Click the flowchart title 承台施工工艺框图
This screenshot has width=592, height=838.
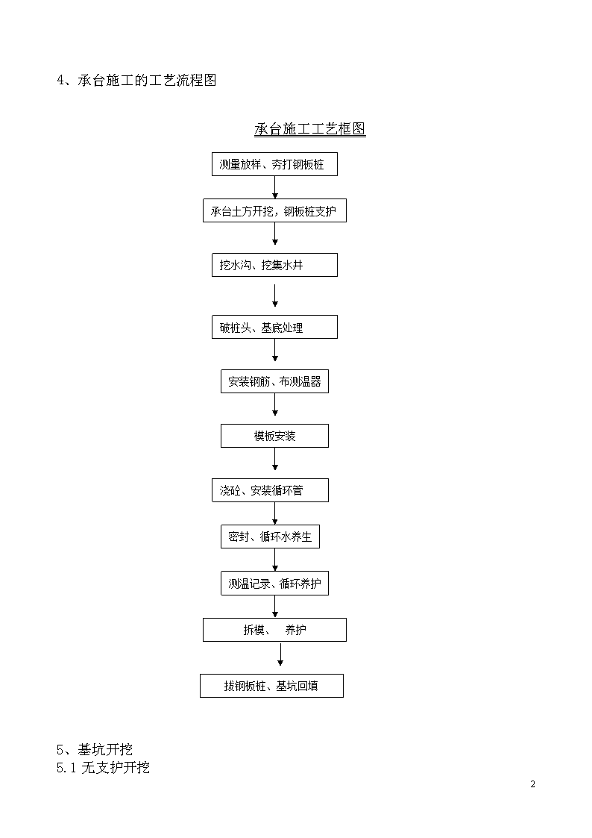point(309,129)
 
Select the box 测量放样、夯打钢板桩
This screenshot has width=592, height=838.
point(274,164)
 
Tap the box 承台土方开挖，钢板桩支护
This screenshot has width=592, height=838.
point(274,210)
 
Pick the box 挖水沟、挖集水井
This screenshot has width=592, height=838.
point(274,265)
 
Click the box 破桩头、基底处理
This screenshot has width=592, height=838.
point(274,327)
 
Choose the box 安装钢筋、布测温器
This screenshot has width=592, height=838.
point(274,381)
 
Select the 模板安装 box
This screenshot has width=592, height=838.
point(274,436)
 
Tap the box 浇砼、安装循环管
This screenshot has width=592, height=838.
point(270,490)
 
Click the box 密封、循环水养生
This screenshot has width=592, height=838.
point(270,537)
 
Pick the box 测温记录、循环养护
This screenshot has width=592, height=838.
point(274,584)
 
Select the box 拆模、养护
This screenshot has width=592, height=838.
point(274,630)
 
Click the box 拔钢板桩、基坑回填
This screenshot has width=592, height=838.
point(271,686)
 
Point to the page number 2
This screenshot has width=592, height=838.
point(533,784)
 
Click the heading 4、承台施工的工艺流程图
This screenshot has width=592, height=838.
point(136,80)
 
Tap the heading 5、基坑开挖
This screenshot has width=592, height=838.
point(95,749)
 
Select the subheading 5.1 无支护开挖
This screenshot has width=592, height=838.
point(103,767)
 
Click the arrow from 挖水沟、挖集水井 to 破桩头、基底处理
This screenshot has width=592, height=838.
point(275,296)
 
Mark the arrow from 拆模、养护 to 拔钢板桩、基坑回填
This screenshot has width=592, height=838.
point(280,654)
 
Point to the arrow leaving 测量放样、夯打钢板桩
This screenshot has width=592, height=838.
point(275,187)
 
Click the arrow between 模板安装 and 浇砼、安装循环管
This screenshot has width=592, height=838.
point(275,459)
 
